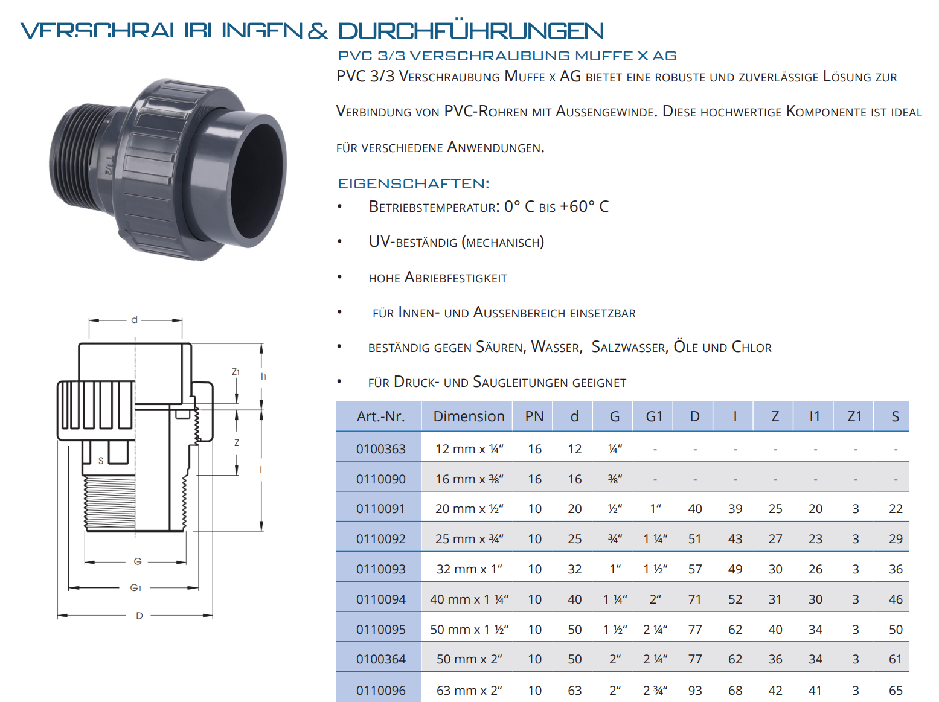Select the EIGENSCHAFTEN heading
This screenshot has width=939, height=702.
413,183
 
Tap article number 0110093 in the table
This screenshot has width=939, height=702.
381,569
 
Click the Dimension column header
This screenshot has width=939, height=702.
469,416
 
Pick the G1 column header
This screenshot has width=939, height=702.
654,416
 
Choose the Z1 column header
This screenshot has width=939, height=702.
854,416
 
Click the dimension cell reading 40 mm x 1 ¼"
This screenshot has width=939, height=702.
469,599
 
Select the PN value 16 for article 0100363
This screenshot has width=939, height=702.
534,449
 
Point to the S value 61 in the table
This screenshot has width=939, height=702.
896,659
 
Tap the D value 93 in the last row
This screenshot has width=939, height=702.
694,690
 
